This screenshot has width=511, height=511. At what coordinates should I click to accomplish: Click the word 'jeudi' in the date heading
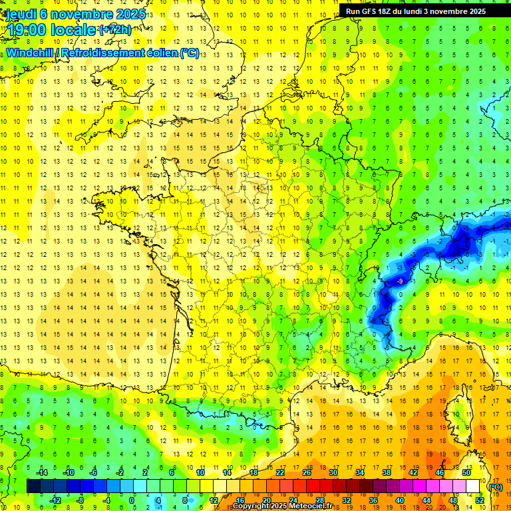point(21,13)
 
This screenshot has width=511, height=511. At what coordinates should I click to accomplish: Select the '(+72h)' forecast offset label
point(114,30)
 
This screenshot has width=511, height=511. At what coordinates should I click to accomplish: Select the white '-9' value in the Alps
point(400,282)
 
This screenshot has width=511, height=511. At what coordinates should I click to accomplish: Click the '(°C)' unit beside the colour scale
point(495,487)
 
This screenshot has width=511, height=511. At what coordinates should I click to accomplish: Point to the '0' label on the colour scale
point(131,500)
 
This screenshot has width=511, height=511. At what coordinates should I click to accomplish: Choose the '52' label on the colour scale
point(480,500)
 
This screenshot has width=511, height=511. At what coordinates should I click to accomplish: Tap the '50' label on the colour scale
point(466,472)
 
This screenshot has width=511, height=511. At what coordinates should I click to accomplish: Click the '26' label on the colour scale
point(307,472)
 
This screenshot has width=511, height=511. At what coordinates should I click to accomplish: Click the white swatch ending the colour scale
point(473,486)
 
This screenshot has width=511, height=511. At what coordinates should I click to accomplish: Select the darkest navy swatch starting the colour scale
point(33,486)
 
